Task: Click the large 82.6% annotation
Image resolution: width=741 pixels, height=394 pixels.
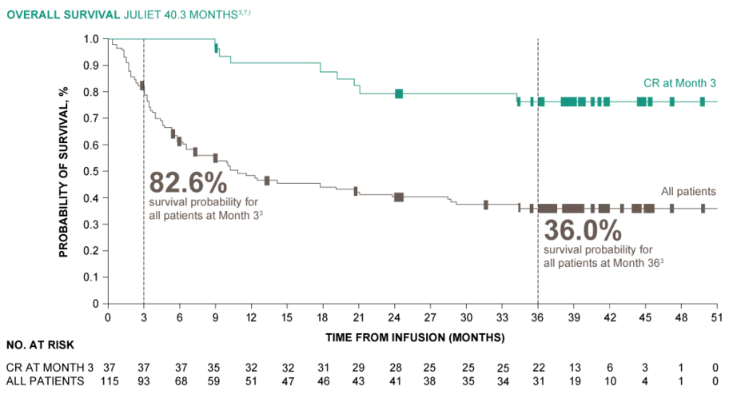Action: point(182,183)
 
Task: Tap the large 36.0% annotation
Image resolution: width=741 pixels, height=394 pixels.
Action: point(583,231)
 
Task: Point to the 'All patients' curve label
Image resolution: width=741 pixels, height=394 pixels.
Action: point(687,191)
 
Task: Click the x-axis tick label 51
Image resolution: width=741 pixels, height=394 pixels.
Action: point(717,316)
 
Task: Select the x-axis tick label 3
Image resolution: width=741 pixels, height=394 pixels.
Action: point(144,316)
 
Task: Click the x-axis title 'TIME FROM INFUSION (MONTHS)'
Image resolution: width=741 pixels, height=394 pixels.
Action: point(415,337)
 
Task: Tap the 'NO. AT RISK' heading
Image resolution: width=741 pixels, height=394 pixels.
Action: point(40,345)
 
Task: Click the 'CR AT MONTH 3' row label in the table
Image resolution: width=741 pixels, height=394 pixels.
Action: point(50,367)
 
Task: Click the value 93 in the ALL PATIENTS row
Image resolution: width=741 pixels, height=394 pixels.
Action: point(144,380)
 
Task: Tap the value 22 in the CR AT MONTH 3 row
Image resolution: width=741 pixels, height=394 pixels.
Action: point(538,367)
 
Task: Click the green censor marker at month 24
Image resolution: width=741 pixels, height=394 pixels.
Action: point(398,94)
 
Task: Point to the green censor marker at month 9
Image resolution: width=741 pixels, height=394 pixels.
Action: point(216,49)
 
